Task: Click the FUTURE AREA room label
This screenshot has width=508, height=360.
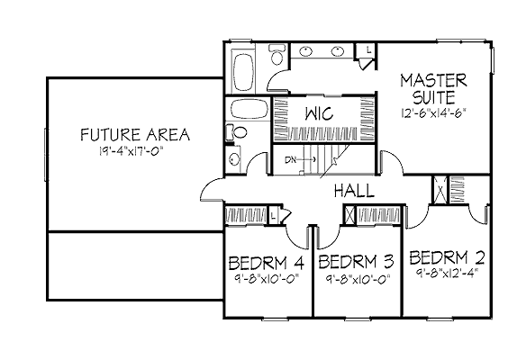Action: pos(135,135)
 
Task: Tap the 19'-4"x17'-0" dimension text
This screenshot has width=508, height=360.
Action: pos(131,151)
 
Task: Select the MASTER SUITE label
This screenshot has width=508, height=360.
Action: pos(434,89)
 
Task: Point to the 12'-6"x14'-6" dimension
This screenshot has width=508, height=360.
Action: pos(433,113)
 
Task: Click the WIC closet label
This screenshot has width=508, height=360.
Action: pos(319,113)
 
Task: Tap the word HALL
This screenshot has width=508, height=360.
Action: pos(354,191)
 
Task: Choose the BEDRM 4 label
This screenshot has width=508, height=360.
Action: pos(267,263)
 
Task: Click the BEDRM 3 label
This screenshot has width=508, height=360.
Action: pos(356,262)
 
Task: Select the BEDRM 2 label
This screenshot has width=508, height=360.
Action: pos(447,257)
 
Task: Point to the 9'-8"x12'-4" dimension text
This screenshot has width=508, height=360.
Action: pos(447,273)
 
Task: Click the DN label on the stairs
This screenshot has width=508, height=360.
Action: pos(291,159)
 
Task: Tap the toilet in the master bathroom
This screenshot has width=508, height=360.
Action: pos(277,55)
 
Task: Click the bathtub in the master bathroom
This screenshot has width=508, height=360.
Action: pos(243,73)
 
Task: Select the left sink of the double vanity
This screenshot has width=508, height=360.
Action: pos(305,51)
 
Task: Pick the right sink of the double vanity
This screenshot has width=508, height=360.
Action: pos(337,51)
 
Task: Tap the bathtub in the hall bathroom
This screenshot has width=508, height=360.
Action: pos(249,109)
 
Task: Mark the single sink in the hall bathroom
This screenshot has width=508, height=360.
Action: pos(233,159)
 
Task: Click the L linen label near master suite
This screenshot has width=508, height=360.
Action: pos(368,49)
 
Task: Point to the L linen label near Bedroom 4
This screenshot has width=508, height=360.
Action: pos(274,216)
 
